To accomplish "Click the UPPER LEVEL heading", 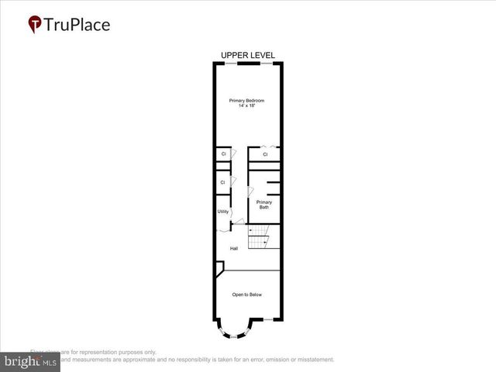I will pyautogui.click(x=247, y=55).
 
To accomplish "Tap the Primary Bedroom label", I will pyautogui.click(x=246, y=101).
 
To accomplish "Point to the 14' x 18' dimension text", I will pyautogui.click(x=246, y=106).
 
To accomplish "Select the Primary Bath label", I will pyautogui.click(x=264, y=205).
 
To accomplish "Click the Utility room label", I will pyautogui.click(x=222, y=211).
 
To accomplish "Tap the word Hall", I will pyautogui.click(x=233, y=248).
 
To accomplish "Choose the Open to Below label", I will pyautogui.click(x=247, y=294).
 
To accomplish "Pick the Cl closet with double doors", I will pyautogui.click(x=264, y=154).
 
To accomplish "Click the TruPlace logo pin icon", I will pyautogui.click(x=35, y=25).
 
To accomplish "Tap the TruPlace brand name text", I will pyautogui.click(x=77, y=24).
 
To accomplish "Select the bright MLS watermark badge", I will pyautogui.click(x=29, y=362).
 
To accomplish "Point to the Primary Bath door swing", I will pyautogui.click(x=250, y=191).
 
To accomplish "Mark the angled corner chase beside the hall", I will pyautogui.click(x=219, y=268).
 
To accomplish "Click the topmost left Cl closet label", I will pyautogui.click(x=223, y=154).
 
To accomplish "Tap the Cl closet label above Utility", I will pyautogui.click(x=223, y=182).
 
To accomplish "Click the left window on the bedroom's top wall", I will pyautogui.click(x=227, y=63).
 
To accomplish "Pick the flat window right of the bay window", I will pyautogui.click(x=268, y=320).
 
